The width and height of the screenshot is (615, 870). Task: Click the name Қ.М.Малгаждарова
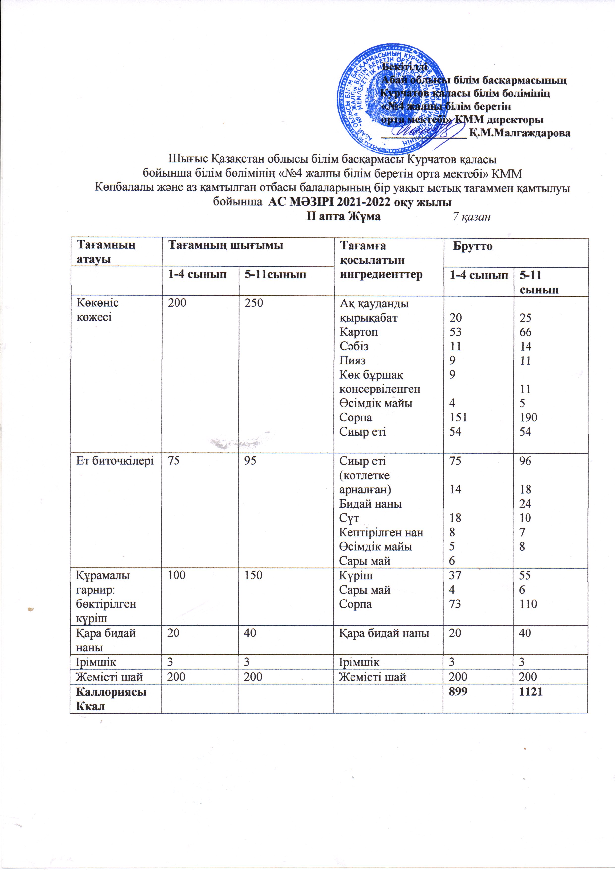tap(520, 133)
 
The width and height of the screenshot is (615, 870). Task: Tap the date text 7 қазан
tap(472, 217)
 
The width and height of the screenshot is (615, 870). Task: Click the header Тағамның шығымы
tap(226, 245)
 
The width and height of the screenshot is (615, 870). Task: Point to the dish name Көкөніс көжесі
tap(98, 310)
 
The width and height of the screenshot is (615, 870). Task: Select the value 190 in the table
tap(528, 417)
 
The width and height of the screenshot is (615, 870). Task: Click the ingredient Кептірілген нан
tap(381, 532)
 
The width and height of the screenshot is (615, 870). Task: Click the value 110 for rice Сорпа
tap(528, 604)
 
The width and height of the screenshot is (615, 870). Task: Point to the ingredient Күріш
tap(355, 575)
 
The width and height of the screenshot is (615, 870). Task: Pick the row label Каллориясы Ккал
tap(111, 698)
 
